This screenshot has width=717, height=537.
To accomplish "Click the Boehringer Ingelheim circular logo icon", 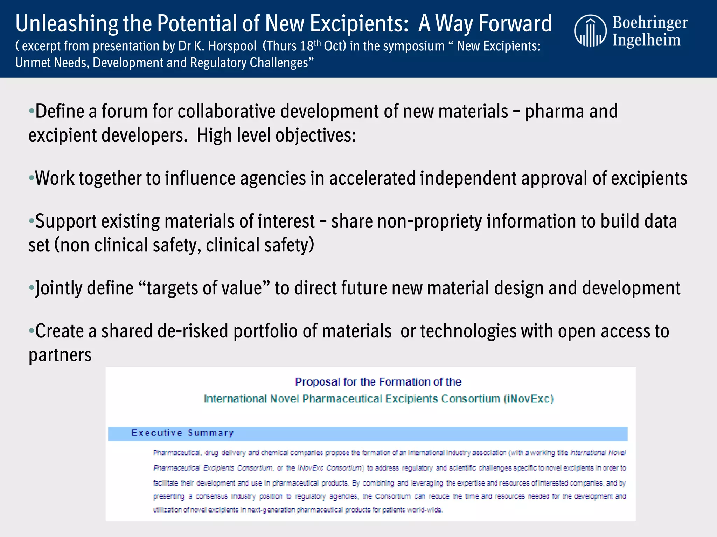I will point(590,31).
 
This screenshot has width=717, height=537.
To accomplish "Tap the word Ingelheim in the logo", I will point(646,40).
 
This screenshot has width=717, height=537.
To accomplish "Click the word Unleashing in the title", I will point(67,24).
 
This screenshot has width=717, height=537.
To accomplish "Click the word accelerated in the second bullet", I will point(372,178).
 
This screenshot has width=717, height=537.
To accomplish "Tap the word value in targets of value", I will point(245,288).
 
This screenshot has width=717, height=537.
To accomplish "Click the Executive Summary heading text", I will point(182,433).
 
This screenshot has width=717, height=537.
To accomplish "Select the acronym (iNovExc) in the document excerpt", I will point(528,399).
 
